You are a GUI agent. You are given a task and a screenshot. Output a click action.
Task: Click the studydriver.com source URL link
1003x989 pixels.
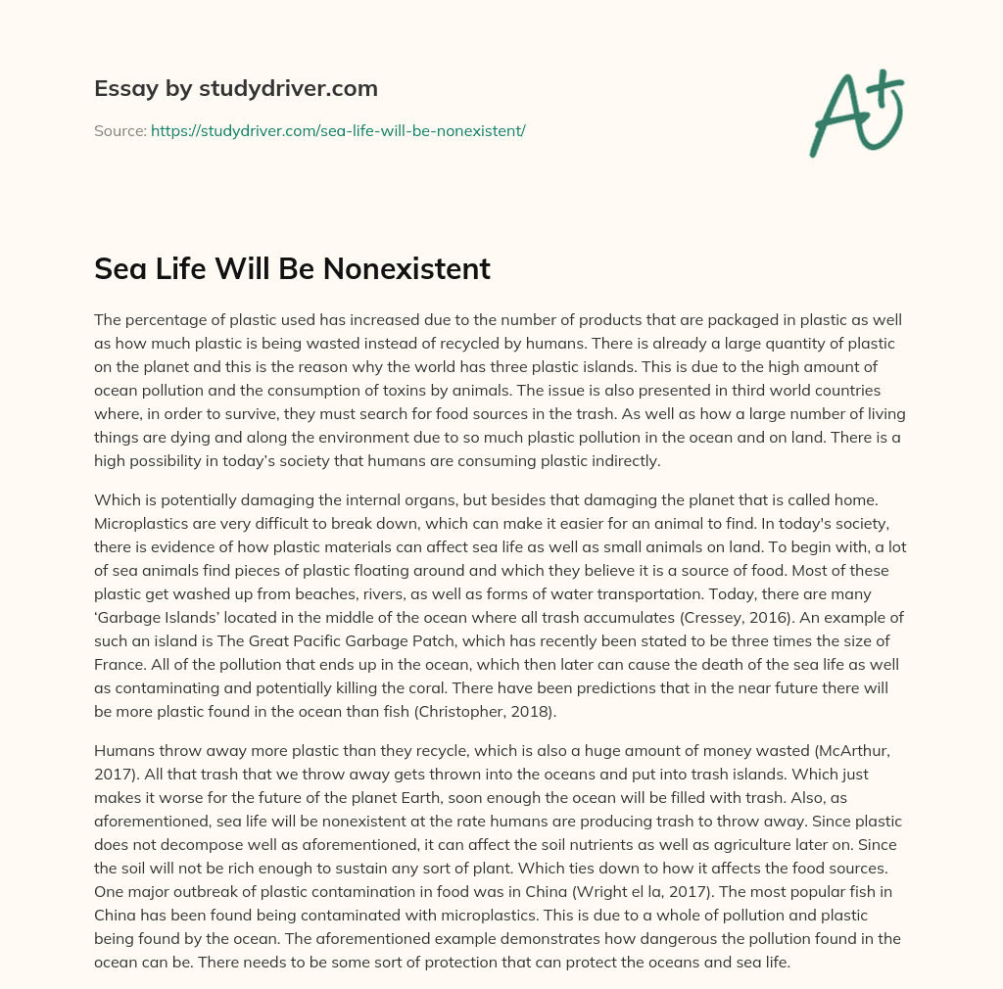click(338, 130)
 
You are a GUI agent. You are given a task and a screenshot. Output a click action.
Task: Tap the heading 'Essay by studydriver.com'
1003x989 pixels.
click(236, 88)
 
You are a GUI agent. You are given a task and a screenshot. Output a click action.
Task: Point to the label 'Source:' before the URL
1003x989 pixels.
click(119, 130)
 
